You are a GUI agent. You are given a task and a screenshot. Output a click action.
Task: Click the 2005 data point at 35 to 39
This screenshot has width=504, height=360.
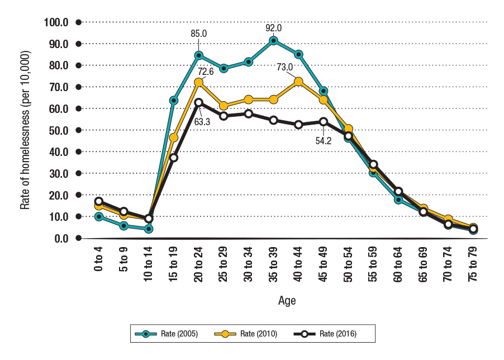pos(273,40)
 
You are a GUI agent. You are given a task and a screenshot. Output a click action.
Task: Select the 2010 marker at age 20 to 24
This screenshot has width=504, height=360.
pos(198,82)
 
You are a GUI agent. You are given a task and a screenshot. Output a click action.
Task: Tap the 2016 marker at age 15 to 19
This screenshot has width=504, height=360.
pos(174,158)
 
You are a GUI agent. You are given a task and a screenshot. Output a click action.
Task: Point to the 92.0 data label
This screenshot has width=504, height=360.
pos(273,27)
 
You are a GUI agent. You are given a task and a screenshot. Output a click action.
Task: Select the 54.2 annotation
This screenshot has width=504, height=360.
pos(324,141)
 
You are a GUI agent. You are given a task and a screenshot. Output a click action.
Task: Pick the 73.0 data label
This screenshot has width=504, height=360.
pos(284,67)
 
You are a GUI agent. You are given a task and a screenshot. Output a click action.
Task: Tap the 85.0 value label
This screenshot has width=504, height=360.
pos(198,34)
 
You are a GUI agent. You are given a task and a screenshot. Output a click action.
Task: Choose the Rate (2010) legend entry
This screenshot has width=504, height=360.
pos(246,334)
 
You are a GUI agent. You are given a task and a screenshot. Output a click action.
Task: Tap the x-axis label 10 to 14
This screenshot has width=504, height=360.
pos(149,267)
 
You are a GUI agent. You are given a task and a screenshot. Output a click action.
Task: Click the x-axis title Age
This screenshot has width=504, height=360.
pos(287,301)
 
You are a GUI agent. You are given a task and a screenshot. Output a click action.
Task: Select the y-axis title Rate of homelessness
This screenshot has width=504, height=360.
pos(25,130)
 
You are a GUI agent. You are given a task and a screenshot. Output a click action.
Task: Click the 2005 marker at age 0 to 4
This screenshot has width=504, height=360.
pos(99,216)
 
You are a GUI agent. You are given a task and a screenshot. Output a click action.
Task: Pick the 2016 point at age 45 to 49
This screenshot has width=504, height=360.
pos(324,122)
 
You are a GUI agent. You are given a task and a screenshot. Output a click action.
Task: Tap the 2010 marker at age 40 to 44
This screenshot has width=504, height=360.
pos(298,82)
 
